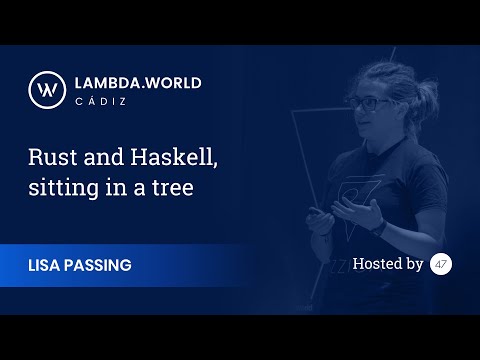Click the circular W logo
coord(47,90)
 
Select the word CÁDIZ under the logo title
coord(100,101)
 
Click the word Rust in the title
coord(53,157)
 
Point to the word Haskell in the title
coord(174,157)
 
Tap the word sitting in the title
coord(64,188)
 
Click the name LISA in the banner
coord(44,265)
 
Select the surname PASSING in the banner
coord(98,265)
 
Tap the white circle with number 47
coord(441,264)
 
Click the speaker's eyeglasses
coord(367,104)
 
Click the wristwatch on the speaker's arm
coord(380,227)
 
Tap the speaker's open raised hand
coord(357,212)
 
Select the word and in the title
coord(104,157)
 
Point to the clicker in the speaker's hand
coord(314,211)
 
